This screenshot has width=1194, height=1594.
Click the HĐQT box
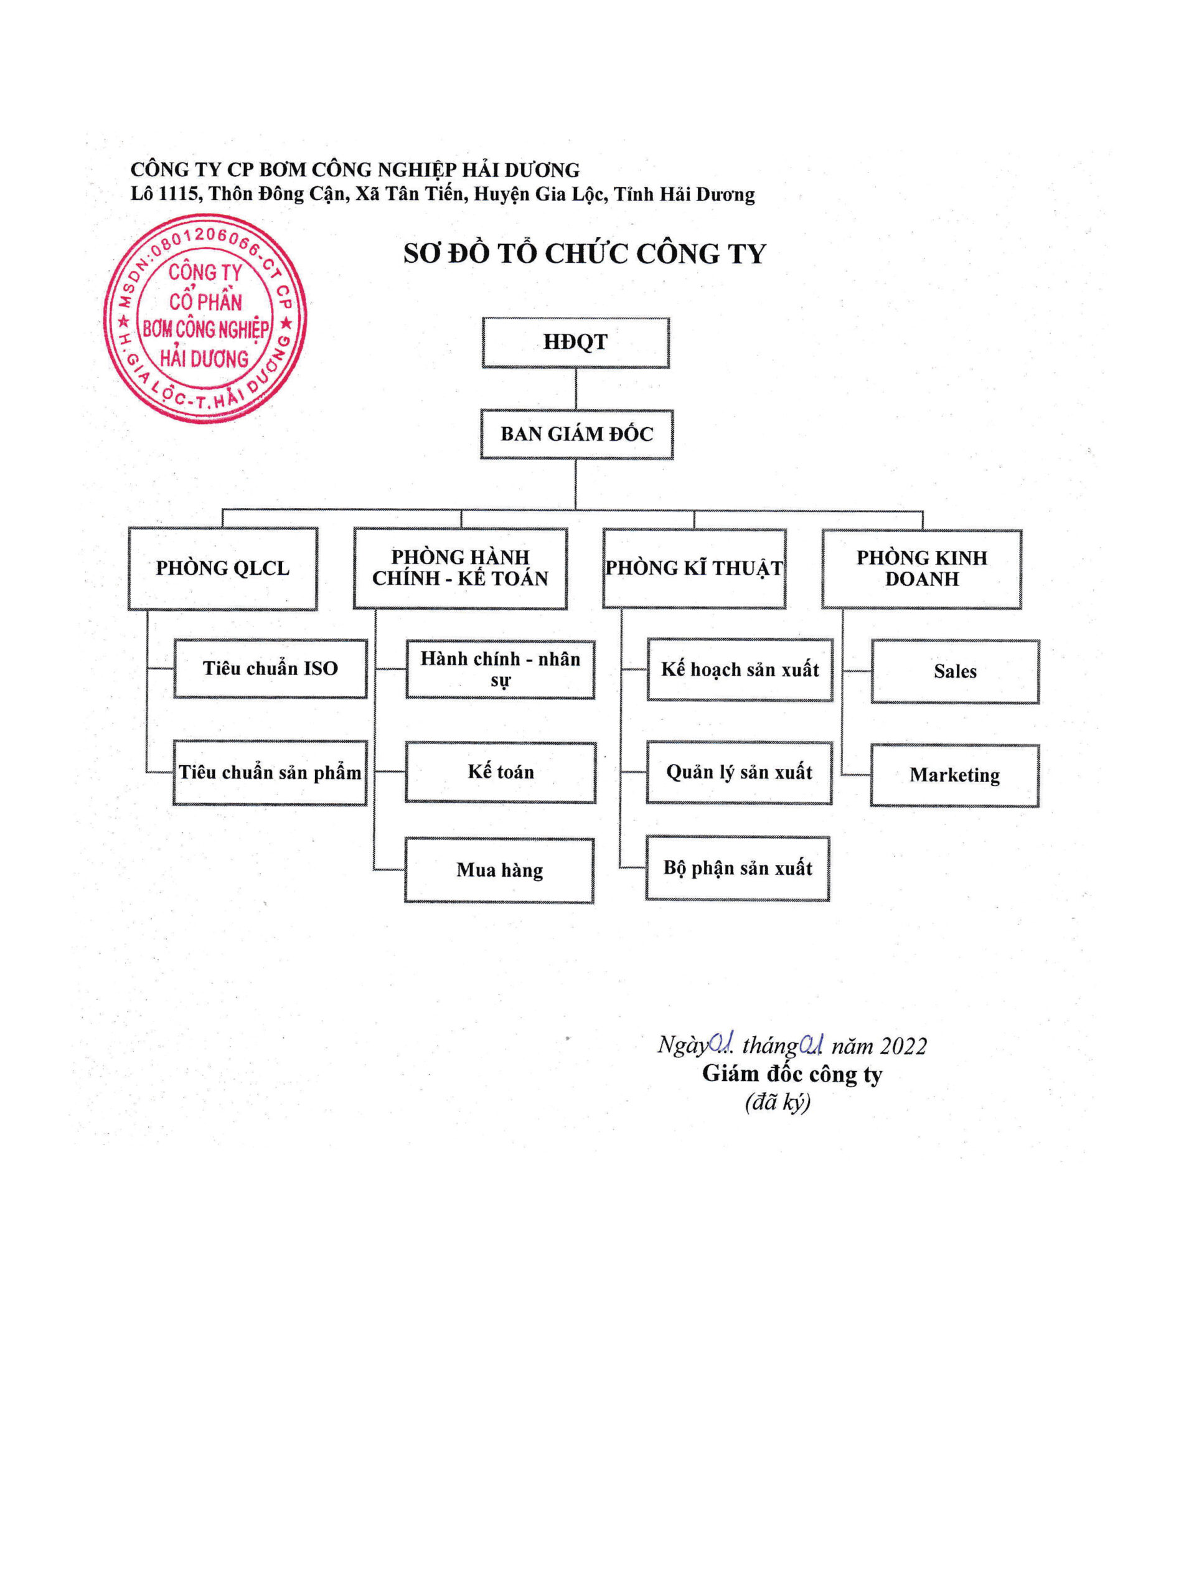(575, 342)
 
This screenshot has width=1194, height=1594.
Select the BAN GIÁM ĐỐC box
(576, 434)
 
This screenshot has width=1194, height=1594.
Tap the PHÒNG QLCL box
(223, 568)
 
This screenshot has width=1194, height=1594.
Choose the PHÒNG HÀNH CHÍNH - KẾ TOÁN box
(459, 568)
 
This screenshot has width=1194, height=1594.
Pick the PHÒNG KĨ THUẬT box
(694, 568)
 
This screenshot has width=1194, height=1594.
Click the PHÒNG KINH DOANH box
(921, 568)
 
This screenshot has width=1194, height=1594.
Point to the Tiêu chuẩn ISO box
(270, 668)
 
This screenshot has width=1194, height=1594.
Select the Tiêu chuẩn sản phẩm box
(270, 773)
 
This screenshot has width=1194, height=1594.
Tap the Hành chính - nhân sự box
(500, 669)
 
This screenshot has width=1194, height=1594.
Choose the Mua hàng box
(499, 870)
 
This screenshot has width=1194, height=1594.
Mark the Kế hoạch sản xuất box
(740, 669)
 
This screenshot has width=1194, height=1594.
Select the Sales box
(955, 671)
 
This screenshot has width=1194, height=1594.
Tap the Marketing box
(954, 775)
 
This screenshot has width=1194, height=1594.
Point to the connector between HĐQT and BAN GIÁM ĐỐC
(576, 389)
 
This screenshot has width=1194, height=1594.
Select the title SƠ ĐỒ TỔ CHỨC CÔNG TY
(585, 253)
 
